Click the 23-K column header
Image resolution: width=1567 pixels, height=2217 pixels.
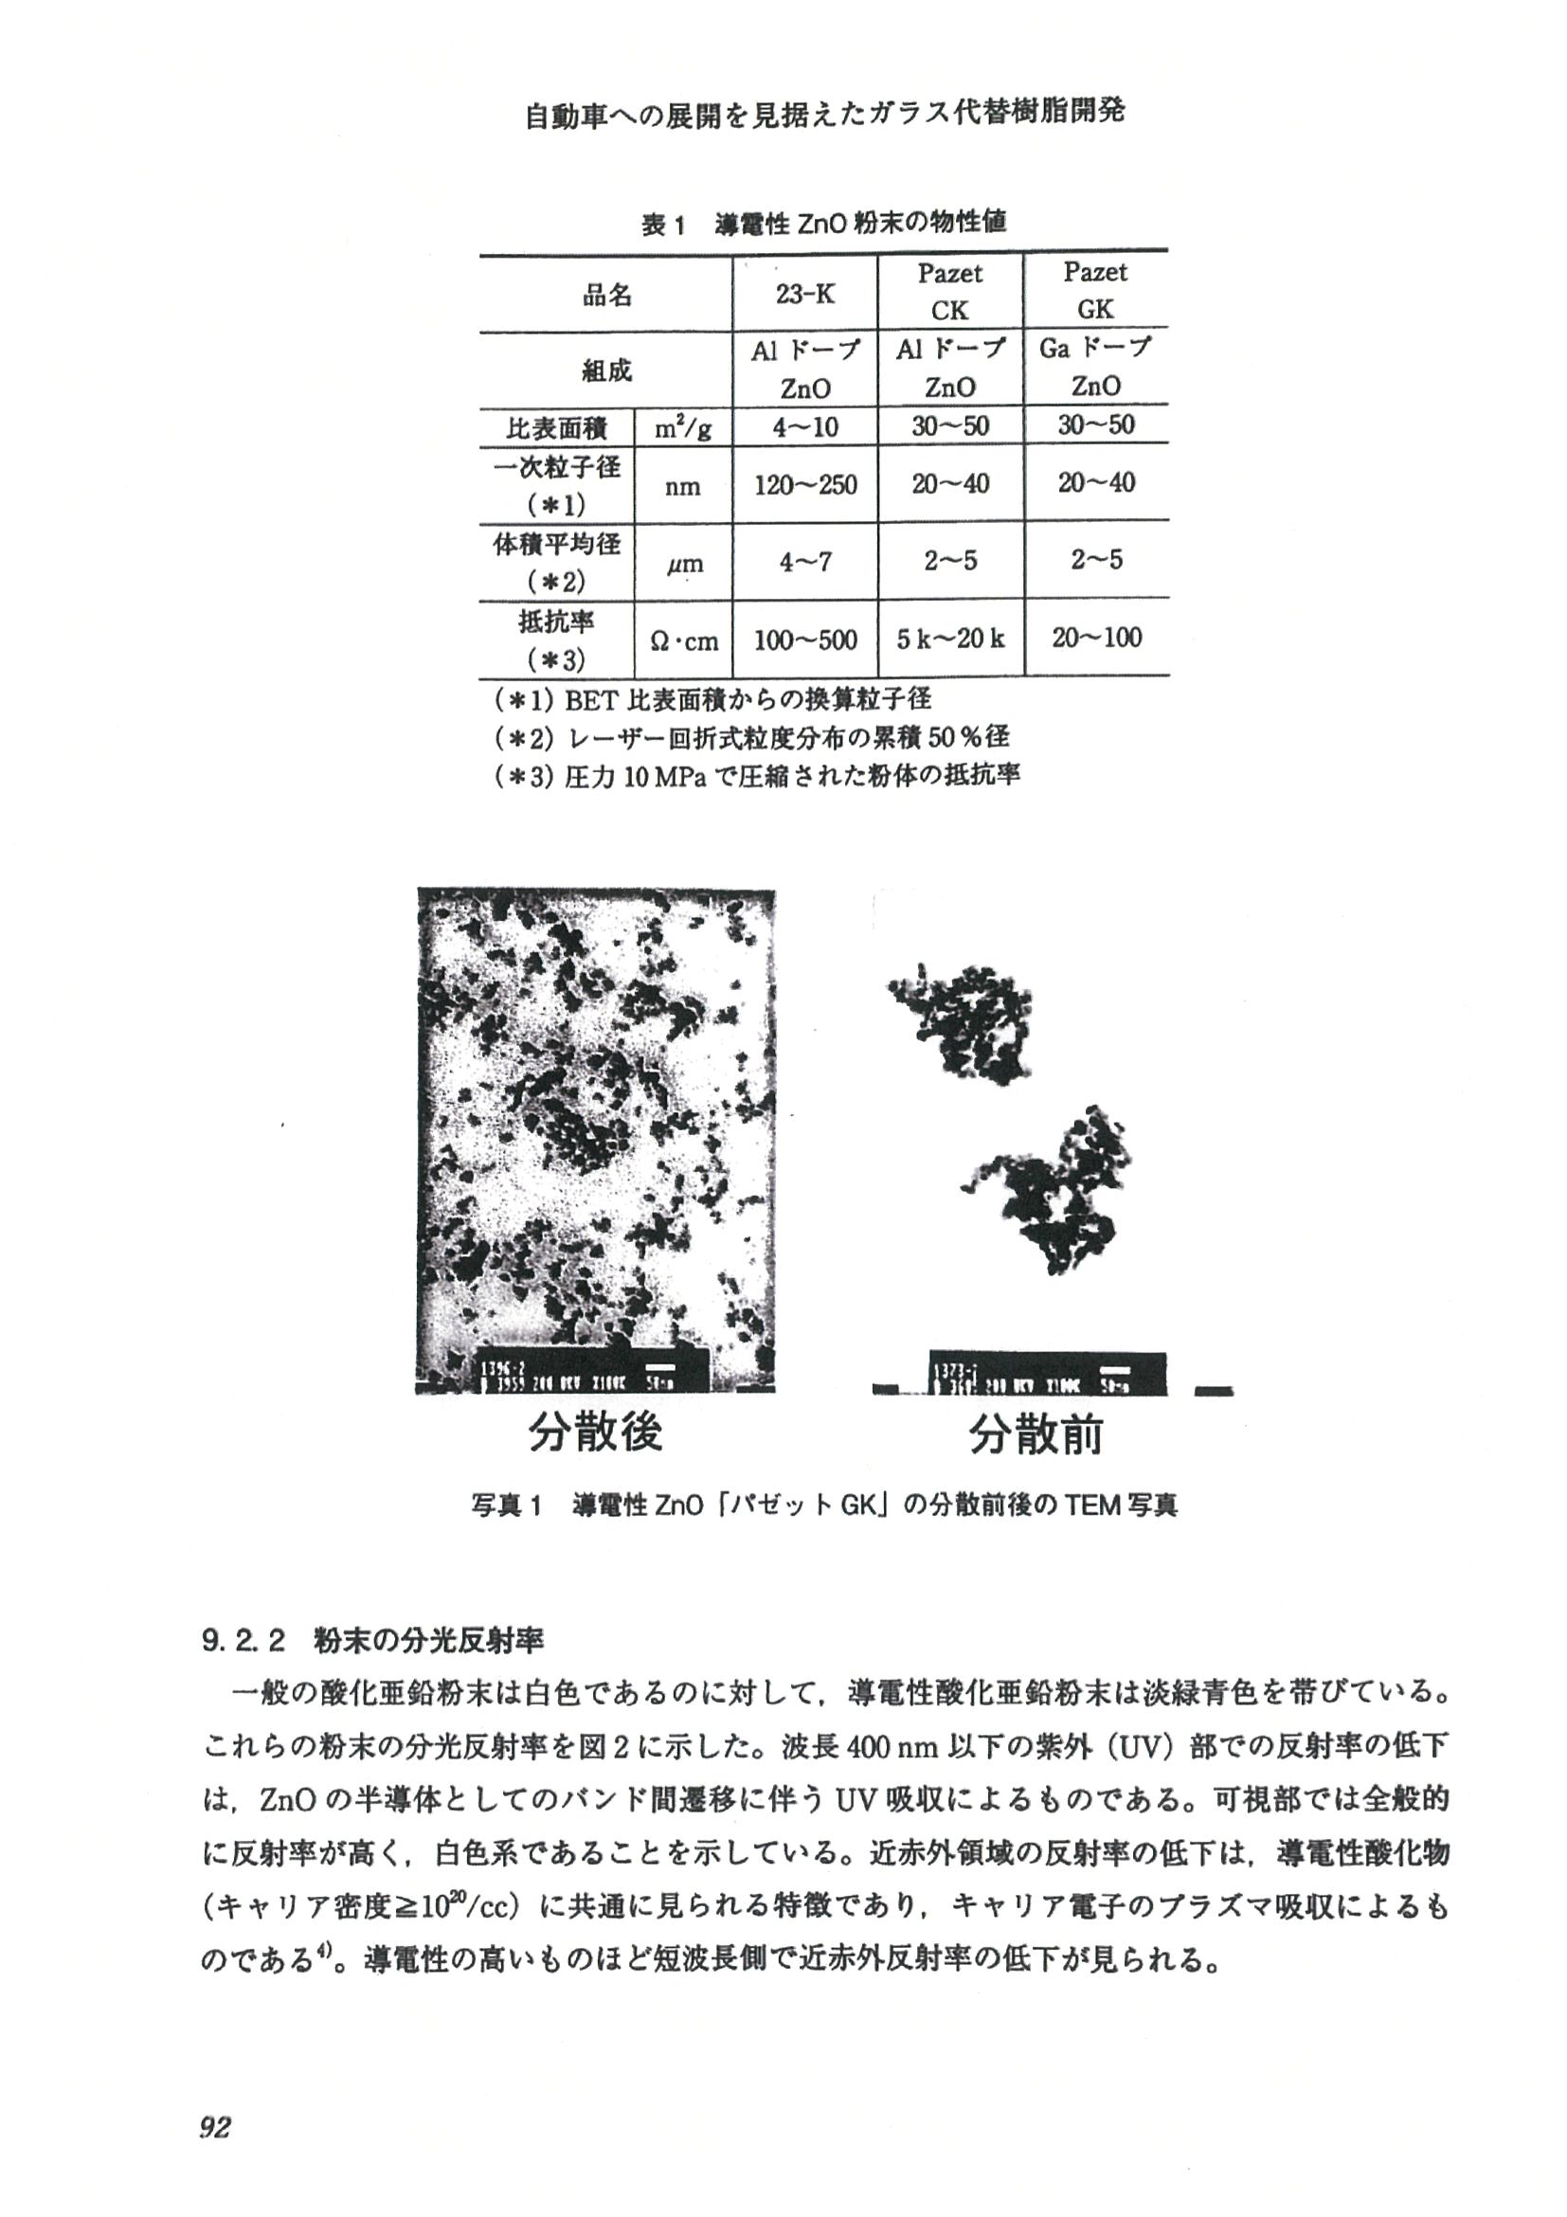tap(805, 294)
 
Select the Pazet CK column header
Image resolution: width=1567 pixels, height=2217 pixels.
tap(950, 292)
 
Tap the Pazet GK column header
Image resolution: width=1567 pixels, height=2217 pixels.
tap(1096, 291)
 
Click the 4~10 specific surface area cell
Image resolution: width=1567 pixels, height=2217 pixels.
tap(805, 426)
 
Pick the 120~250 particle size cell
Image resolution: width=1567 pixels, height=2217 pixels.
tap(805, 485)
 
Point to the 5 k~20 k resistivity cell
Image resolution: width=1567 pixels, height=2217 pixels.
tap(950, 639)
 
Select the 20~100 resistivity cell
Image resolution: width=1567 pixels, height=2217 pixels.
tap(1097, 638)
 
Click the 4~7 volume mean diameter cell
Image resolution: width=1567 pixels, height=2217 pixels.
tap(805, 562)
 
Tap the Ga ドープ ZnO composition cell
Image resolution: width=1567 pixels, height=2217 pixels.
tap(1096, 367)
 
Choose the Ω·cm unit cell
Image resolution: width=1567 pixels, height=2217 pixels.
tap(684, 640)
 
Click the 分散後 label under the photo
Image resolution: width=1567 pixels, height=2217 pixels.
tap(595, 1432)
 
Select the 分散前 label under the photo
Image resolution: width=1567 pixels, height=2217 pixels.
tap(1035, 1434)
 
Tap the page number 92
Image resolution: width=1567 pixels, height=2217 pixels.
tap(215, 2126)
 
